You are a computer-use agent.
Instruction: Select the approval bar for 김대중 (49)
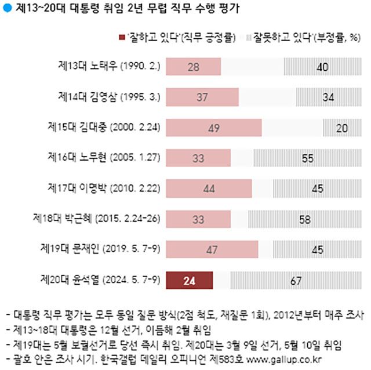[214, 128]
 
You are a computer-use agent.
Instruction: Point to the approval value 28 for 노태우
[194, 67]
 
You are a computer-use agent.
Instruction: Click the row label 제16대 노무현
[104, 158]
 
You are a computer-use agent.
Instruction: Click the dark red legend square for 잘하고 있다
[121, 38]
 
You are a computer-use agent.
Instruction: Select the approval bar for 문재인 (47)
[212, 250]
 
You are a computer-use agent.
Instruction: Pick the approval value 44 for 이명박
[209, 189]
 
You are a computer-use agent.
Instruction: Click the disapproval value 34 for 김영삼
[328, 97]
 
